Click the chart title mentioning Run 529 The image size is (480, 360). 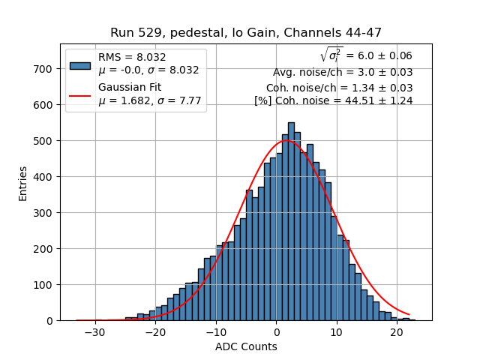246,33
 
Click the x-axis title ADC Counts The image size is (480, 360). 246,346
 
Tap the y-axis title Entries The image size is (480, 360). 23,183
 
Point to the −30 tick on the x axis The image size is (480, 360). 95,331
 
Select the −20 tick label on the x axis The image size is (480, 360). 155,331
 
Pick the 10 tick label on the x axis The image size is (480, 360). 337,331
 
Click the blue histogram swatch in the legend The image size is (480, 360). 80,64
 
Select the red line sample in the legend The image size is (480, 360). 80,94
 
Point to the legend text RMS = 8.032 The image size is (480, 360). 132,57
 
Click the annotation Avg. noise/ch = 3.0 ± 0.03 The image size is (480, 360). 343,73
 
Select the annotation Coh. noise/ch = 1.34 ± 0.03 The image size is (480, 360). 339,88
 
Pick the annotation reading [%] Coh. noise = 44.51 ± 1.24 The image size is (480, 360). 333,101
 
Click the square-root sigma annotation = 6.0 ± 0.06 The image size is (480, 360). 366,55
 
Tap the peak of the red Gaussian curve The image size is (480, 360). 286,140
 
